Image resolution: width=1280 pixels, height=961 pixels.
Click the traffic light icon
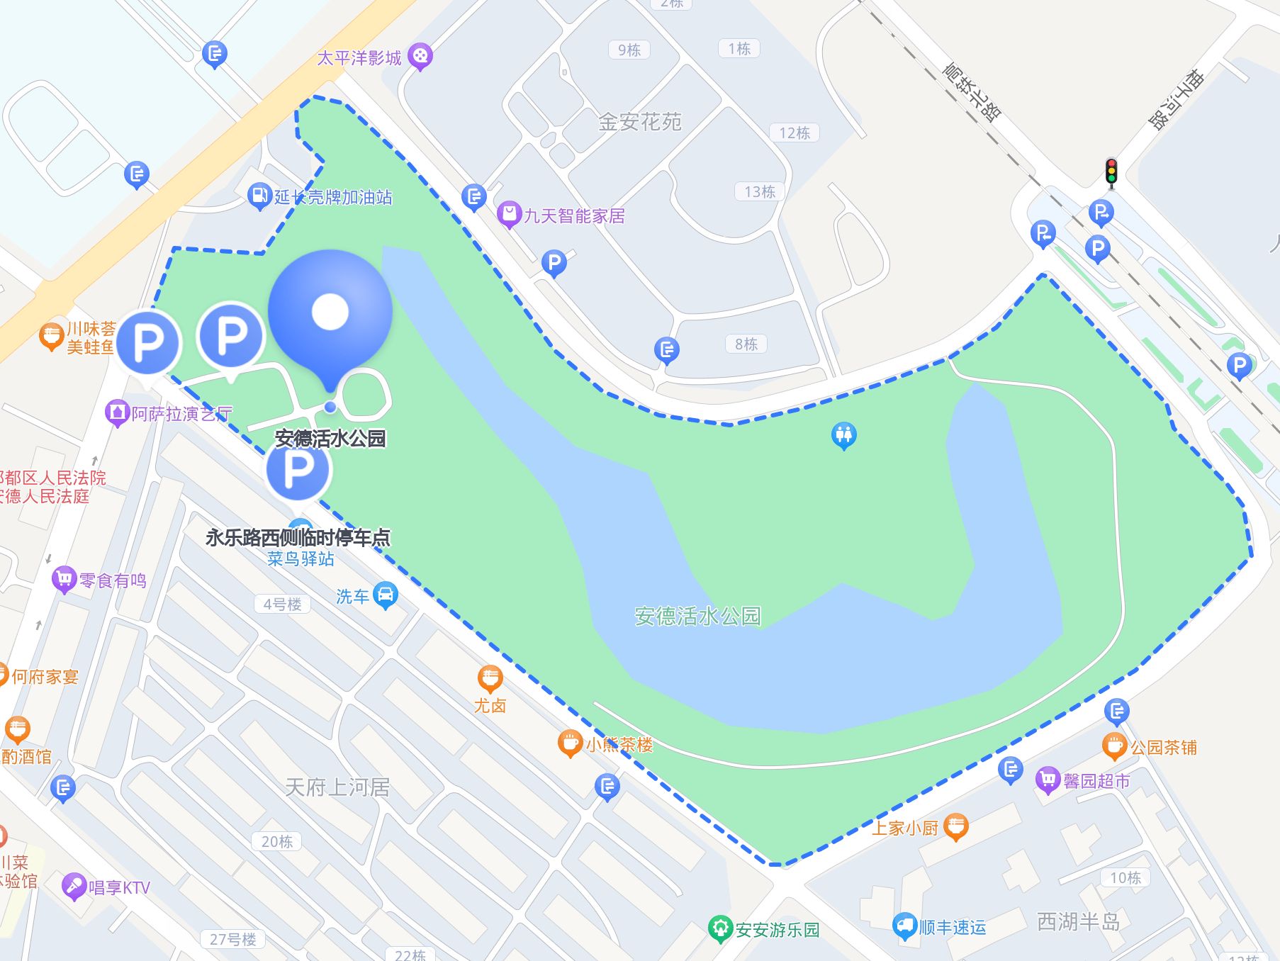pos(1111,172)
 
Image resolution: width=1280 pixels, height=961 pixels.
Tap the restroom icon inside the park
pos(843,435)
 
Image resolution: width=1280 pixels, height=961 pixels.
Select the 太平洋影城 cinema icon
pos(420,56)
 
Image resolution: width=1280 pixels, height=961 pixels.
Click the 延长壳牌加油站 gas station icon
pos(259,195)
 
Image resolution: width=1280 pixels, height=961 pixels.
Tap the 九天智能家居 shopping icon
pos(508,214)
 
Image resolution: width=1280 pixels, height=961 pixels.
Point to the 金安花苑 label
pos(639,122)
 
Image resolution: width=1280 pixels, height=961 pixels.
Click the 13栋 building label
pos(759,191)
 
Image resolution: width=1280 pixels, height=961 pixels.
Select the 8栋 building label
pos(746,344)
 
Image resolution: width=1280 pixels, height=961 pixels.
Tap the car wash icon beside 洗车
pos(385,595)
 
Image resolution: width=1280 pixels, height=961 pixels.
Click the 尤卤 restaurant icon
pos(490,679)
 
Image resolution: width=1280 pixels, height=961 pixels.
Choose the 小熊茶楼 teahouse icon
pos(570,743)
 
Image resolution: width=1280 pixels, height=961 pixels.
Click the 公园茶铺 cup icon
pos(1114,746)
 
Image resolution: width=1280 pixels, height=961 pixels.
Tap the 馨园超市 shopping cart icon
pos(1048,780)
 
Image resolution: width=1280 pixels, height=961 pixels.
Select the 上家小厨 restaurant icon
pos(956,826)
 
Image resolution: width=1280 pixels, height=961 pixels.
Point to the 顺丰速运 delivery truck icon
pos(905,926)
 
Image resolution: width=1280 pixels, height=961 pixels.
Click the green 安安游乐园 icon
pos(720,928)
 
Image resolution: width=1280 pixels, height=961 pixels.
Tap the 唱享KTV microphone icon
pos(74,886)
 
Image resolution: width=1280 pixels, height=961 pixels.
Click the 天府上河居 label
pos(337,787)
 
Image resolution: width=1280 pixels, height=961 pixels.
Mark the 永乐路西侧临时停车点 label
pos(298,537)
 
